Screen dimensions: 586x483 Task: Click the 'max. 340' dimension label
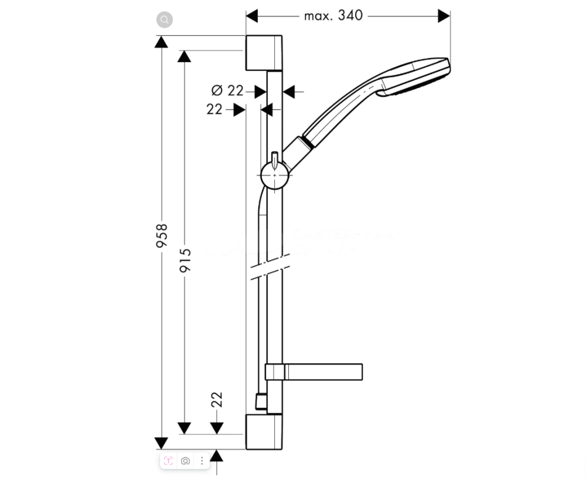pyautogui.click(x=333, y=16)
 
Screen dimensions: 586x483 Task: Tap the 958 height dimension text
pyautogui.click(x=162, y=235)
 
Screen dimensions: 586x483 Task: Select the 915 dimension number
pyautogui.click(x=185, y=260)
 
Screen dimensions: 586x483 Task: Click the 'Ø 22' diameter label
pyautogui.click(x=227, y=90)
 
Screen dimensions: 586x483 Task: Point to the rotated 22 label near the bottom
pyautogui.click(x=217, y=400)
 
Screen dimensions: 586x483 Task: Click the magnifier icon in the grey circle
pyautogui.click(x=165, y=19)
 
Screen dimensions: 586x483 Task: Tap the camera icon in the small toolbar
pyautogui.click(x=185, y=461)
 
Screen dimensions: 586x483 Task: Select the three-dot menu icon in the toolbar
pyautogui.click(x=202, y=461)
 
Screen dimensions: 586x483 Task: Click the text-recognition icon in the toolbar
pyautogui.click(x=168, y=461)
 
